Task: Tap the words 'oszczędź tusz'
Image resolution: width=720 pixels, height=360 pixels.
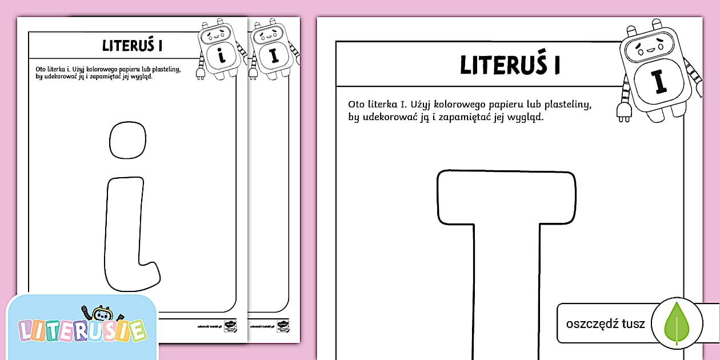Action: (x=605, y=324)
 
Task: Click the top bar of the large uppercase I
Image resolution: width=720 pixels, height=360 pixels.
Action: (x=507, y=198)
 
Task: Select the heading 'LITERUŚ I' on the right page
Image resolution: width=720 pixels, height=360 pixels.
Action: (x=510, y=66)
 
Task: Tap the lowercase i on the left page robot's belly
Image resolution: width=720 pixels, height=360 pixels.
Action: (x=220, y=56)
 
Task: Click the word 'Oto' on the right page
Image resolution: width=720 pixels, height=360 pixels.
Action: (x=356, y=105)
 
